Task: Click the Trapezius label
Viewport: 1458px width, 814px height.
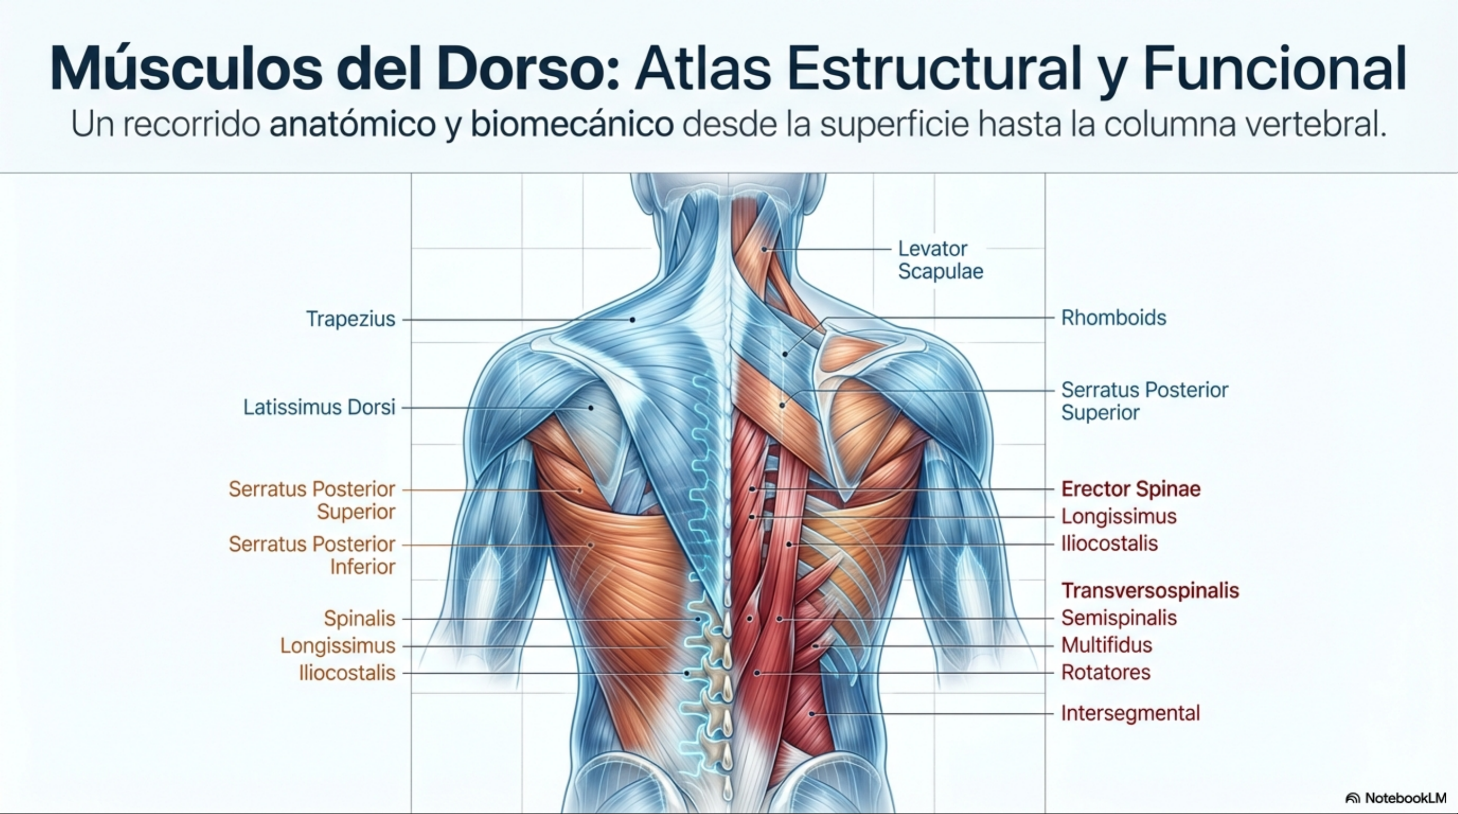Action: (x=351, y=319)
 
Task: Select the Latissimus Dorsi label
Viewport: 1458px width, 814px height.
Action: (x=319, y=407)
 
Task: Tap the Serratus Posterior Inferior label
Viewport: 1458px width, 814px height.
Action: (x=312, y=554)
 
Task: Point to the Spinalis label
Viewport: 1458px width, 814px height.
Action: (x=359, y=618)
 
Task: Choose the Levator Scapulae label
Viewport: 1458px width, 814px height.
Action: (x=940, y=260)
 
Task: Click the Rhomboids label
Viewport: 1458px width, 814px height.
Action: (x=1113, y=318)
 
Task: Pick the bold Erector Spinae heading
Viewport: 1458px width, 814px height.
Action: (x=1130, y=488)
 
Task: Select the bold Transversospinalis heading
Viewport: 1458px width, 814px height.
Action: (x=1150, y=591)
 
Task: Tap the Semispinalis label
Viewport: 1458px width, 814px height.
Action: (x=1119, y=618)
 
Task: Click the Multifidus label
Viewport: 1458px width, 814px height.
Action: (x=1106, y=645)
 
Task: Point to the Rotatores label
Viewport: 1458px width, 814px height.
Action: (x=1105, y=672)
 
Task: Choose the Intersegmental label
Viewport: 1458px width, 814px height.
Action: (x=1130, y=713)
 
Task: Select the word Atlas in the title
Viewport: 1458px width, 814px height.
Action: (x=703, y=69)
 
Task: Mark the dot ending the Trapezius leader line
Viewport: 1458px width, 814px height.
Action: (x=632, y=320)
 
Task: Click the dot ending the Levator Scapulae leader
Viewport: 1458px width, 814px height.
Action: (x=764, y=249)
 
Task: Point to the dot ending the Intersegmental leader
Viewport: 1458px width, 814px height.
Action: (x=811, y=714)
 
